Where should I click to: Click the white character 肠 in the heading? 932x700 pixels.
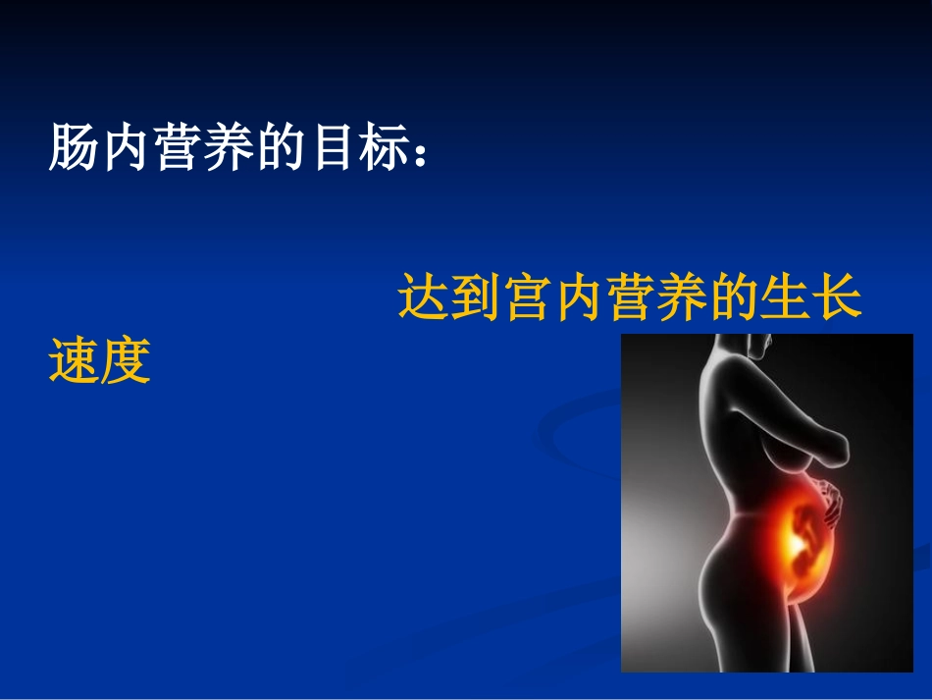tap(75, 148)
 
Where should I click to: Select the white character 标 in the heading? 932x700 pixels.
tap(386, 148)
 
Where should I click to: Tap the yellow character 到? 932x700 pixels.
tap(477, 298)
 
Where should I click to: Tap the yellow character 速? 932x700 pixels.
tap(75, 360)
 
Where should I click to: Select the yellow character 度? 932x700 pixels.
tap(127, 360)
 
